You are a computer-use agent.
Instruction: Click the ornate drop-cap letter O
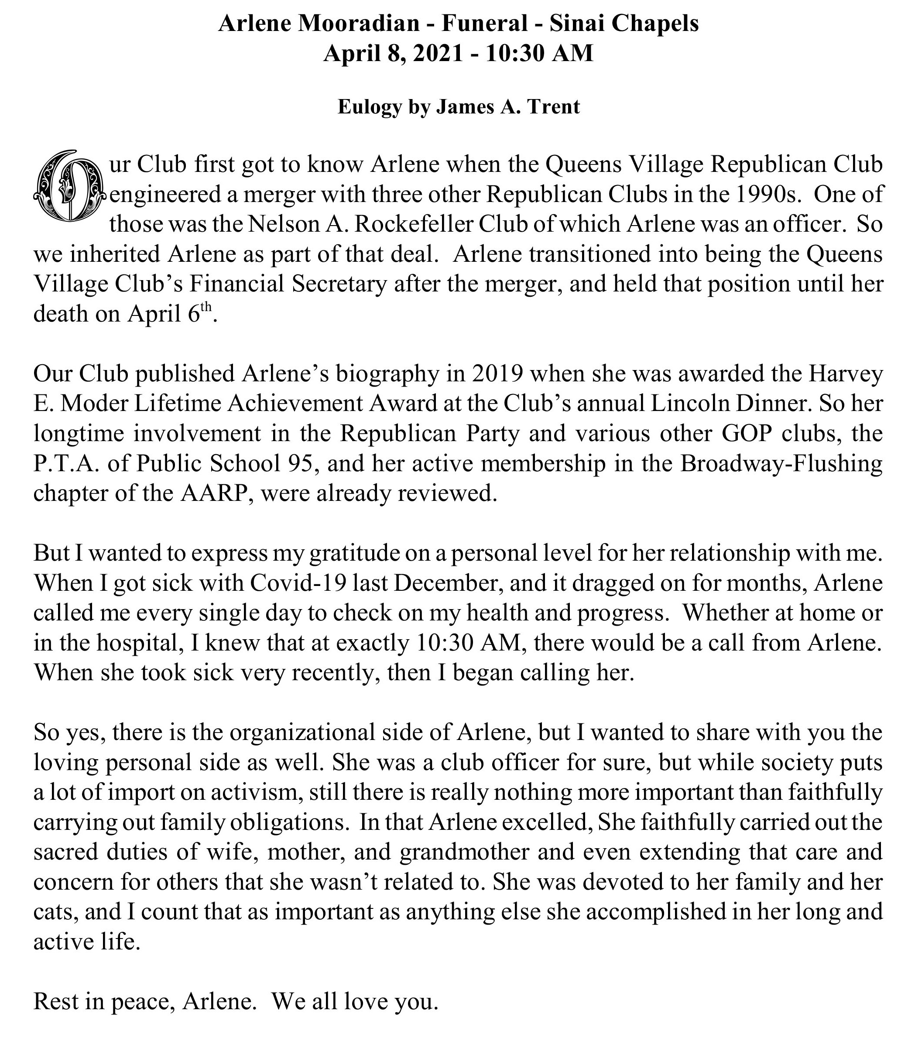tap(69, 186)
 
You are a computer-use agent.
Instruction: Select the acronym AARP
tap(217, 493)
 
